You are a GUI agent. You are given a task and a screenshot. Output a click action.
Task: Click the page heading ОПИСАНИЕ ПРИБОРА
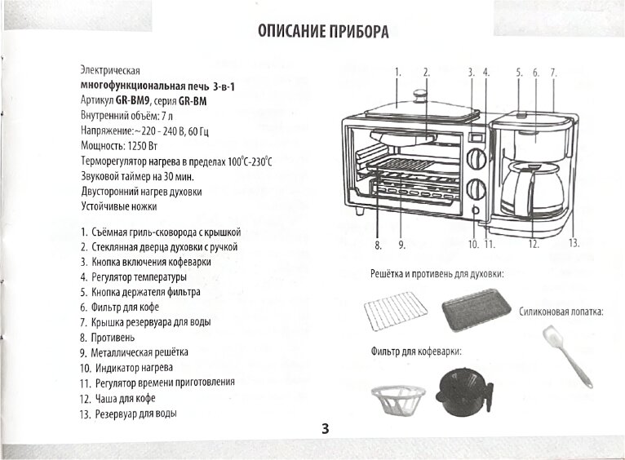pos(322,32)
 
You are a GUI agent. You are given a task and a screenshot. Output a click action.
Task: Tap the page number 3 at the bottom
pos(325,429)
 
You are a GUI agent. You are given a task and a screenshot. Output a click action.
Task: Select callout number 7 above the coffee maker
pos(552,73)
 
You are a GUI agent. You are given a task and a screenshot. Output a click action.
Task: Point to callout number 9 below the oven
pos(402,244)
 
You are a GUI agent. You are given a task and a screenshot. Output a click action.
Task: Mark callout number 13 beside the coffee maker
pos(574,243)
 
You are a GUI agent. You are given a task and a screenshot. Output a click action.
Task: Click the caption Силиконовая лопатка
pos(561,312)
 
